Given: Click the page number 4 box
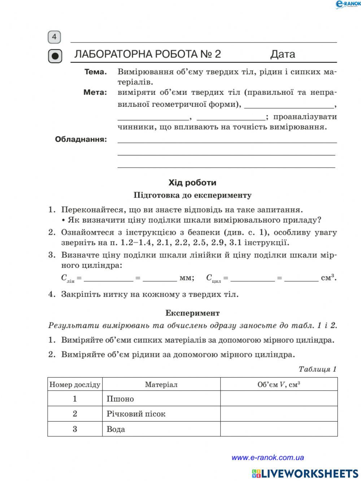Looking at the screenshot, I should (54, 37).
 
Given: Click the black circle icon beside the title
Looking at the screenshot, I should (55, 56).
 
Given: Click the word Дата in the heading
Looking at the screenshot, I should (283, 54).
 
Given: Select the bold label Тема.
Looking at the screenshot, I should (96, 72).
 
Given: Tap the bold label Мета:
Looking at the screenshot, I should (95, 92).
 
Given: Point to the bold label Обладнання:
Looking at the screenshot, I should (81, 139).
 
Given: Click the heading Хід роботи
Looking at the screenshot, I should (192, 182).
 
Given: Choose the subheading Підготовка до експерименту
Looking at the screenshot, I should (192, 195).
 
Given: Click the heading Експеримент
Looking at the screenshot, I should (192, 313).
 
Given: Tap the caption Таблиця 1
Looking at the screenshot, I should (317, 369).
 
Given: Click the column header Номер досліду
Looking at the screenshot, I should (75, 384).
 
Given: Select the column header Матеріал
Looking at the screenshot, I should (161, 384).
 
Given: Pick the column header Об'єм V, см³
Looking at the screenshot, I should (279, 384).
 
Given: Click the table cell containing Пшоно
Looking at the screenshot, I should (161, 399).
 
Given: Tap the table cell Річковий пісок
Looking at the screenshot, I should (161, 414).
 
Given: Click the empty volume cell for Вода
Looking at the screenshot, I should (279, 429).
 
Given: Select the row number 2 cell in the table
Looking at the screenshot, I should (75, 414).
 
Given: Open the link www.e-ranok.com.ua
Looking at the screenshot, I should (268, 458).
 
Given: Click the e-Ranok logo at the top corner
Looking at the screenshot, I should (348, 4).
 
